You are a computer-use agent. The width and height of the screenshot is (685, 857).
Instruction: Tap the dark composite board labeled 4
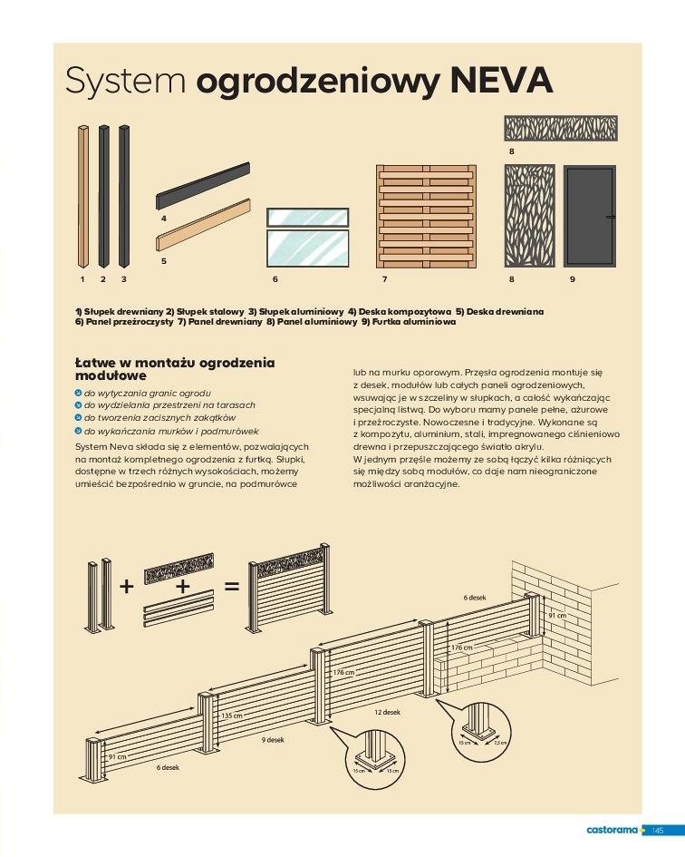(203, 187)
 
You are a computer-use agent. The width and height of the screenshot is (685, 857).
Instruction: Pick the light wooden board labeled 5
(203, 226)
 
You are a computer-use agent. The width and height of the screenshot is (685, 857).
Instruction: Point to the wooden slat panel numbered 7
(426, 217)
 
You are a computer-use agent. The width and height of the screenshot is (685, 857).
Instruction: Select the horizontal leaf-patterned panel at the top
(560, 128)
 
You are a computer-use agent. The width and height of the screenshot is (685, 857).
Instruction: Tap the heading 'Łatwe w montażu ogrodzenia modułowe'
(174, 368)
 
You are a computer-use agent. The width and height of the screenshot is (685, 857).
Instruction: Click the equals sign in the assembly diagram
(231, 587)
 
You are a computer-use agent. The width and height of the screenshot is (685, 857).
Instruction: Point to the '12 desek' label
(387, 713)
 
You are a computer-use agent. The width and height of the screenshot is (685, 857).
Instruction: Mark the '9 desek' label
(274, 740)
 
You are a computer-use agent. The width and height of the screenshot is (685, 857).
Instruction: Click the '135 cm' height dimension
(232, 716)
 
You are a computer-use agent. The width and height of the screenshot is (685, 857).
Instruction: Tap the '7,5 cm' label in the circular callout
(498, 743)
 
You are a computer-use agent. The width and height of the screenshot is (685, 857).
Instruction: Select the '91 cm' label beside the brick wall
(556, 615)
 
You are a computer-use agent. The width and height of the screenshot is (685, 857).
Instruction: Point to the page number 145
(658, 830)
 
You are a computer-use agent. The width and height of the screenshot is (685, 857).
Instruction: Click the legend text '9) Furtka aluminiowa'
(408, 321)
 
